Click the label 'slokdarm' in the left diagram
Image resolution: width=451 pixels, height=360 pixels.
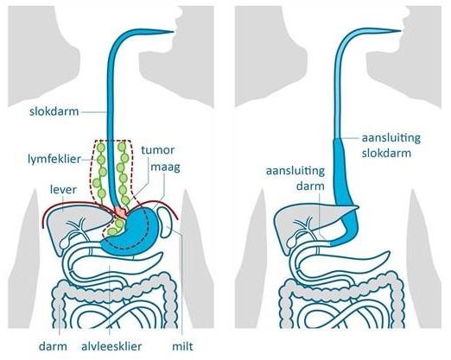pos(54,111)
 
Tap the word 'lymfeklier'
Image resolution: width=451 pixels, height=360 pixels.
pos(54,159)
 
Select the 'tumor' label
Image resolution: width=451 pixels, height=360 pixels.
pos(158,150)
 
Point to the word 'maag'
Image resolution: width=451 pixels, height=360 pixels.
pos(165,167)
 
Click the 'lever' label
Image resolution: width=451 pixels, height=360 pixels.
pos(63,190)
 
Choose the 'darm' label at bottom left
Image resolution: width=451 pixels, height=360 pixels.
pos(53,346)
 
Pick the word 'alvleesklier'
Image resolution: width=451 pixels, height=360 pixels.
pos(111,346)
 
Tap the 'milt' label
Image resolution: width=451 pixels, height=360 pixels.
pos(182,346)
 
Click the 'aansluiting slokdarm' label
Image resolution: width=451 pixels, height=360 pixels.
pos(391,145)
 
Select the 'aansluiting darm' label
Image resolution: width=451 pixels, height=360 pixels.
pos(295,179)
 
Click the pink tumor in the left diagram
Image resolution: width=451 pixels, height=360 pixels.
pos(121,212)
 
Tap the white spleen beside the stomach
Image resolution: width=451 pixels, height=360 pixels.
pos(165,223)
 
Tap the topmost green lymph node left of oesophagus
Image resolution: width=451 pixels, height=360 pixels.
pos(100,148)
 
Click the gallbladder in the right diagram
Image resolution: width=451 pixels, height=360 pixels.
pos(292,242)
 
